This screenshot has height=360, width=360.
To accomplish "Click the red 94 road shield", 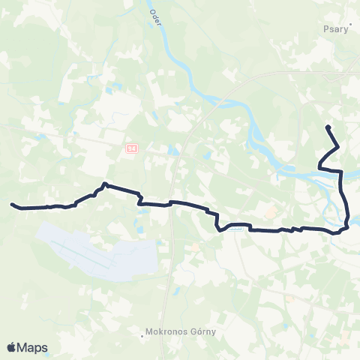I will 131,149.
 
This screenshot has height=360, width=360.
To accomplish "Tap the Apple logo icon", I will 11,347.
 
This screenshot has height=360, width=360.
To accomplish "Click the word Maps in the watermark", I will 34,347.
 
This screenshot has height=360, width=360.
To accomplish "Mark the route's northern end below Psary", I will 327,126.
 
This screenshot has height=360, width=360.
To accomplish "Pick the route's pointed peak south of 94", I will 104,183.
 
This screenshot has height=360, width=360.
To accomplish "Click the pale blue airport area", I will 97,251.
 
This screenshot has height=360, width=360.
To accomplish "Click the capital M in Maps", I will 25,347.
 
